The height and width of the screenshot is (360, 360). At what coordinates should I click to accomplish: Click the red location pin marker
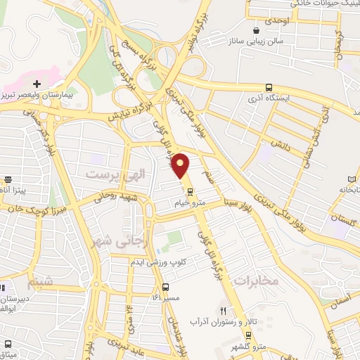click(x=181, y=165)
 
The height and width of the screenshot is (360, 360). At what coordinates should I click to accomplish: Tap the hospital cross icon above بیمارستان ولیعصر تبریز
click(x=37, y=84)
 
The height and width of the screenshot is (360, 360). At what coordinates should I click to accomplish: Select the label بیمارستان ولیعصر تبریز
click(x=37, y=94)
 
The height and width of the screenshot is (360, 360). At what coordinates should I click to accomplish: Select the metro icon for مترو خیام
click(x=191, y=191)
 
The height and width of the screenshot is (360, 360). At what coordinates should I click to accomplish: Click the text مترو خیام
click(x=190, y=202)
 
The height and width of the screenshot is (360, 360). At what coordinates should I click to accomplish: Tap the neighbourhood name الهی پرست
click(x=108, y=172)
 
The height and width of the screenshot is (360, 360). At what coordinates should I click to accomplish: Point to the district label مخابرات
click(x=257, y=281)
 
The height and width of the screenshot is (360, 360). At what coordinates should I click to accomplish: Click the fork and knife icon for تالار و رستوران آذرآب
click(x=224, y=310)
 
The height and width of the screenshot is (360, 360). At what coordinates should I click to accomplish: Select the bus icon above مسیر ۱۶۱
click(x=166, y=287)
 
